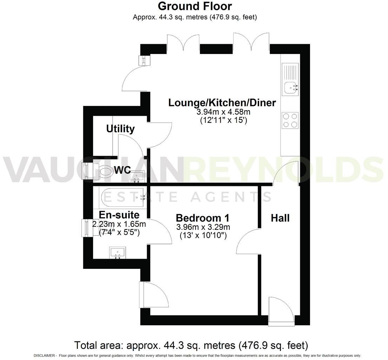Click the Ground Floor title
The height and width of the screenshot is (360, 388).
(195, 6)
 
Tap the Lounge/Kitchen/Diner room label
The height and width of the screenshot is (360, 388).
(222, 103)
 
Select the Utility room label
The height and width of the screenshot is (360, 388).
(120, 129)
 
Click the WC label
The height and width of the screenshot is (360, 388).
(122, 171)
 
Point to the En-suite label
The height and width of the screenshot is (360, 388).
(119, 215)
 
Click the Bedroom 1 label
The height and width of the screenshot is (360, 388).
(203, 218)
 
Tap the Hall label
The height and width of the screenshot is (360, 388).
(280, 218)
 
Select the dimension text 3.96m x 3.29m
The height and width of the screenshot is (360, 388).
(203, 227)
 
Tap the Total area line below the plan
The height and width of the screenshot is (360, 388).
(191, 345)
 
